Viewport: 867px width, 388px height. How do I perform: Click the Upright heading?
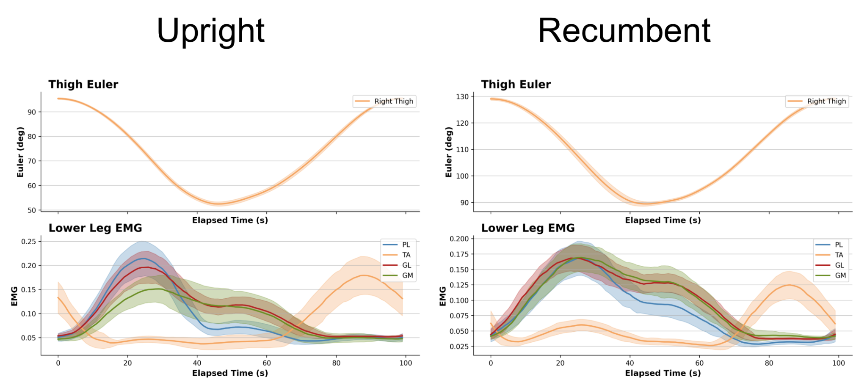pyautogui.click(x=210, y=31)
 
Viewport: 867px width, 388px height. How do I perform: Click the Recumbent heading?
pyautogui.click(x=624, y=31)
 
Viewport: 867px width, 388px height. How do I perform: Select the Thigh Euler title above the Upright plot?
pyautogui.click(x=83, y=84)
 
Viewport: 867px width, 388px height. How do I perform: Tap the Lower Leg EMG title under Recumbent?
pyautogui.click(x=528, y=228)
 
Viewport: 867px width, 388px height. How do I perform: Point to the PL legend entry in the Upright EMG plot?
pyautogui.click(x=406, y=245)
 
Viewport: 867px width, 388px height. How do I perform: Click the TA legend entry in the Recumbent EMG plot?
pyautogui.click(x=839, y=255)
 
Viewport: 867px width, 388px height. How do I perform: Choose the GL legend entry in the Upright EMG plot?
pyautogui.click(x=406, y=265)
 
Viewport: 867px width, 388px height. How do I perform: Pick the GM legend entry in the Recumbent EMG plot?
pyautogui.click(x=840, y=275)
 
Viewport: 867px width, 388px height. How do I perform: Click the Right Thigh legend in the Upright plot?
pyautogui.click(x=393, y=101)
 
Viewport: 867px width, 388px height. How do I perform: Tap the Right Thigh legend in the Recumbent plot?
pyautogui.click(x=826, y=101)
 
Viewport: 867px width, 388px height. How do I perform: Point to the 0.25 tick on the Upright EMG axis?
pyautogui.click(x=29, y=241)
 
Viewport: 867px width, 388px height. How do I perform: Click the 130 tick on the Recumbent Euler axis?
pyautogui.click(x=462, y=96)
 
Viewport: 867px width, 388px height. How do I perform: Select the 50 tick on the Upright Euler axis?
pyautogui.click(x=32, y=210)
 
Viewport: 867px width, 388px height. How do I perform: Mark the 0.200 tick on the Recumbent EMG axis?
pyautogui.click(x=459, y=239)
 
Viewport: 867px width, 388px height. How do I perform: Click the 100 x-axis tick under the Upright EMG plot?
pyautogui.click(x=406, y=363)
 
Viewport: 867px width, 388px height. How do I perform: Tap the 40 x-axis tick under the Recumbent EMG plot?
pyautogui.click(x=630, y=363)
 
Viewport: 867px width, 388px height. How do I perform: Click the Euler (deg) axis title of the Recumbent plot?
pyautogui.click(x=449, y=152)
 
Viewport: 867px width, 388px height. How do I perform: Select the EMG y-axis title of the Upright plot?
pyautogui.click(x=14, y=296)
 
